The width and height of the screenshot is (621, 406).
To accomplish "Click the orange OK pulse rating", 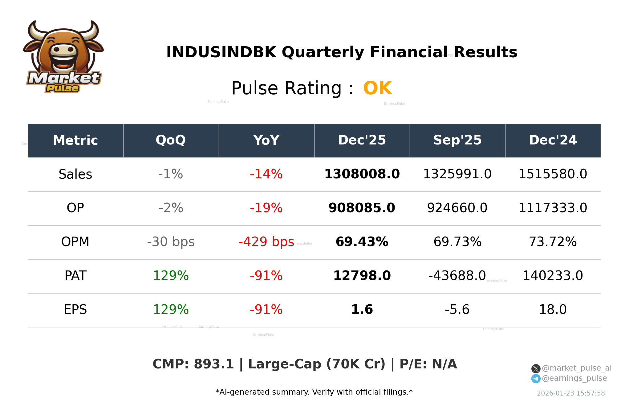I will click(377, 88).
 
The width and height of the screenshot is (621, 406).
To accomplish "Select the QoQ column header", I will click(171, 140).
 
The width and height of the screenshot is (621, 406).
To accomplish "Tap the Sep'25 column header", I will click(457, 140).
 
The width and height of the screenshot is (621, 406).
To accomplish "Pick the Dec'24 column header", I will click(553, 140).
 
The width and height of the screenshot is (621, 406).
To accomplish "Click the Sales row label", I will click(75, 174).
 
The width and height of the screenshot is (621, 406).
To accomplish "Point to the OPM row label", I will click(75, 242).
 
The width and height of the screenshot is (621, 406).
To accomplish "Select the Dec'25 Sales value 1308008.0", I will click(362, 174).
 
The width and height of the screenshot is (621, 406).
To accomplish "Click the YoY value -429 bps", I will click(266, 242).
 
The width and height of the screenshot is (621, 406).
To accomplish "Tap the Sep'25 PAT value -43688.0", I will click(457, 276).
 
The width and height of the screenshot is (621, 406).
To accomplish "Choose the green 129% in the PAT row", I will click(171, 276).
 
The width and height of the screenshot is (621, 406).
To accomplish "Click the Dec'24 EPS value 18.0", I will click(553, 310).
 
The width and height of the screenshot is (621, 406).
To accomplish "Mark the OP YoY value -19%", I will click(266, 208).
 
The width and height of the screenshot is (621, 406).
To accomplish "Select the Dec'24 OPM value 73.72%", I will click(553, 242).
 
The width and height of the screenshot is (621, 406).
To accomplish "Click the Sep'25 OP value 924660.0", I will click(457, 208).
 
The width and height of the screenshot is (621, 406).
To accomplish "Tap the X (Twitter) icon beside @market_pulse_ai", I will click(536, 369).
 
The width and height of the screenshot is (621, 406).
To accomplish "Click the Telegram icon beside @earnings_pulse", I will click(536, 379).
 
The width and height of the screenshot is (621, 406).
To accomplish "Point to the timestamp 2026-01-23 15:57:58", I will click(570, 393).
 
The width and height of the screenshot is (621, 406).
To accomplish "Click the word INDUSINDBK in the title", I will click(221, 52).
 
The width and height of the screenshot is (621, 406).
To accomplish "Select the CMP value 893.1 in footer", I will click(214, 364).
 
